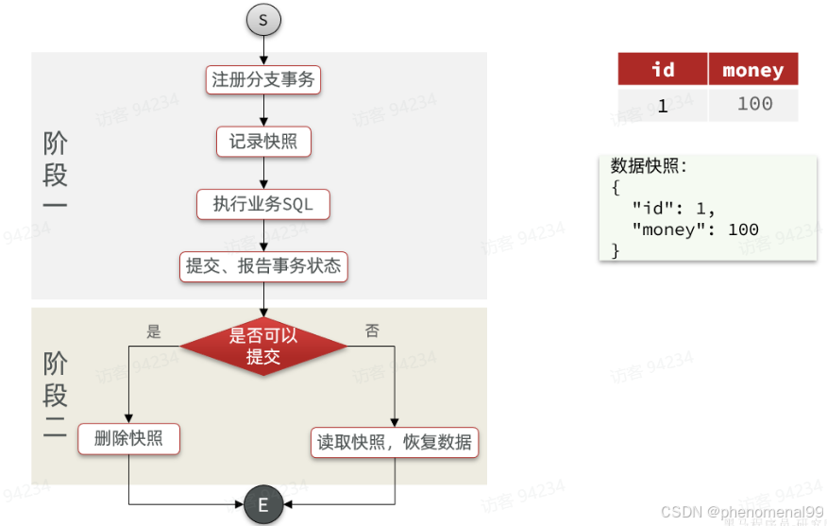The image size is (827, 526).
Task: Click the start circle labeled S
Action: pos(263,20)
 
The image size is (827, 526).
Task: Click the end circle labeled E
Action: pos(262,505)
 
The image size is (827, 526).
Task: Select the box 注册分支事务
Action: pos(263,80)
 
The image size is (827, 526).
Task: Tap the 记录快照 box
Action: pos(263,142)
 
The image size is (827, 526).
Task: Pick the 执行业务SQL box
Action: pos(263,204)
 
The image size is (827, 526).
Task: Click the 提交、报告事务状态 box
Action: pos(263,266)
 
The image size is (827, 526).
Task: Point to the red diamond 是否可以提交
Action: pos(263,346)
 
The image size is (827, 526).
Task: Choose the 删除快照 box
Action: pos(128,439)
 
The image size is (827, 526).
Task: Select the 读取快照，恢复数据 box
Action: pos(395,441)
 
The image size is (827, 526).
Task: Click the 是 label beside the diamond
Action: pos(154,331)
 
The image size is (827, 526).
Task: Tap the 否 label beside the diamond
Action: pos(372,331)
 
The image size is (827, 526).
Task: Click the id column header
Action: pos(663,70)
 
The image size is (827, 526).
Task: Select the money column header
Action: pos(752,70)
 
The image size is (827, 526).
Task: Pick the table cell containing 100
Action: pos(754,104)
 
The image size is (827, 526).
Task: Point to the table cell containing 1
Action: pos(663,105)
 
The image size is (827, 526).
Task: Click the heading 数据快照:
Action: pos(650,166)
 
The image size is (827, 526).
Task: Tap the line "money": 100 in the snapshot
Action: pos(696,229)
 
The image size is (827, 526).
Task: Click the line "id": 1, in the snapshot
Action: pos(674,208)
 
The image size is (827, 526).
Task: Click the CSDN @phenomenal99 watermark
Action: pos(742,512)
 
